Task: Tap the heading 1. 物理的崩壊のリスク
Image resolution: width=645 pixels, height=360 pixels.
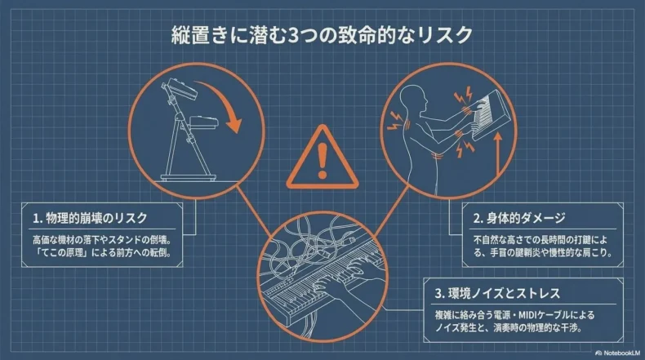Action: [90, 218]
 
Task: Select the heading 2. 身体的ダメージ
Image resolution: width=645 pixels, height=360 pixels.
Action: [519, 218]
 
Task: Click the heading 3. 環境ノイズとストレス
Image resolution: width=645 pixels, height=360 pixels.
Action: [498, 293]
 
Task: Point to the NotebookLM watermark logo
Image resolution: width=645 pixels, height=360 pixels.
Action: [617, 353]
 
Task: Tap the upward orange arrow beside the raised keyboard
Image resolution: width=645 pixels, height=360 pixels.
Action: [498, 153]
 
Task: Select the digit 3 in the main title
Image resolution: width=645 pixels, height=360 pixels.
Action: [293, 35]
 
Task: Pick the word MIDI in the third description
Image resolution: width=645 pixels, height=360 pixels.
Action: [530, 315]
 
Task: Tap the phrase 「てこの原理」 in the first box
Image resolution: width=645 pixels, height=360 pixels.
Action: [60, 252]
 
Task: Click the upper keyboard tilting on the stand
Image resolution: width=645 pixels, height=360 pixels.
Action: [180, 87]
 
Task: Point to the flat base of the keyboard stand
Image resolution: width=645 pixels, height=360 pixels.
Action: [189, 178]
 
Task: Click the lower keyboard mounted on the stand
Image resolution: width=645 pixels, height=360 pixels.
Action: [203, 122]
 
